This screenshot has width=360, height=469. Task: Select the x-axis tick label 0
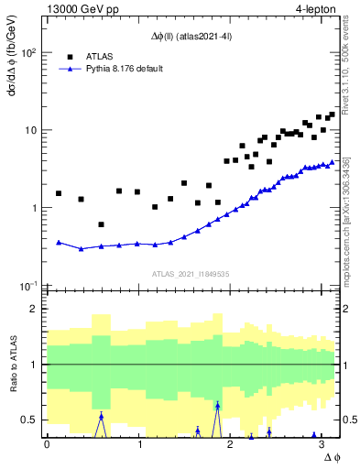click(x=47, y=443)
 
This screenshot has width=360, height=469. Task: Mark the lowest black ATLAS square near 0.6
click(x=101, y=224)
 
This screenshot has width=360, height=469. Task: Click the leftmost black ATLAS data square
click(x=59, y=193)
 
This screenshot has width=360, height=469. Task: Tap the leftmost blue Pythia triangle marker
click(x=59, y=243)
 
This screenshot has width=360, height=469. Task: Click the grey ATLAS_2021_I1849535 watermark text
click(x=191, y=273)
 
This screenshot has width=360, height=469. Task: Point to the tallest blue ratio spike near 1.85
click(x=217, y=405)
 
